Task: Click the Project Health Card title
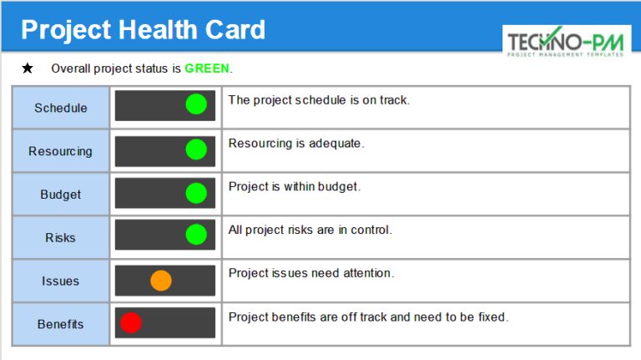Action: click(x=143, y=30)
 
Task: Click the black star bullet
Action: click(x=28, y=68)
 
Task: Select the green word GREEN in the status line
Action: click(x=207, y=68)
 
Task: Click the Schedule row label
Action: click(x=60, y=108)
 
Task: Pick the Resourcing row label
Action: click(x=60, y=151)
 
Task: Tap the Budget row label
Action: click(x=60, y=195)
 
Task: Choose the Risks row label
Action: click(x=60, y=238)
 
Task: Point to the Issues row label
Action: click(x=60, y=281)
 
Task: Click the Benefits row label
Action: click(x=60, y=324)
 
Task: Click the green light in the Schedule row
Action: click(x=196, y=105)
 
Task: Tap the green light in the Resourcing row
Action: click(x=196, y=150)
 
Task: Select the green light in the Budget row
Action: click(x=196, y=193)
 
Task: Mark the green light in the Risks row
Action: click(x=196, y=236)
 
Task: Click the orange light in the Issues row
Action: click(x=160, y=281)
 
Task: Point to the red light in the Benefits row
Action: click(x=131, y=322)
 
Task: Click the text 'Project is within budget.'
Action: click(x=295, y=186)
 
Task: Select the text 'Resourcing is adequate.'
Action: click(x=296, y=143)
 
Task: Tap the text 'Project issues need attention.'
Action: click(x=311, y=273)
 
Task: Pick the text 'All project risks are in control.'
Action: click(x=310, y=230)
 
